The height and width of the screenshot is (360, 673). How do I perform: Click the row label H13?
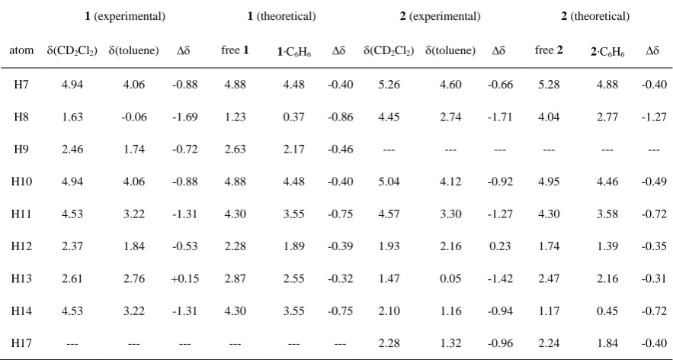(21, 278)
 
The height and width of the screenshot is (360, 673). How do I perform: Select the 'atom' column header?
(21, 50)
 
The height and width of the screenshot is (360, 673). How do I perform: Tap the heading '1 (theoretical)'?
(281, 16)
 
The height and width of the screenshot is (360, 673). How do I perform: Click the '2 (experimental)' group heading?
(440, 16)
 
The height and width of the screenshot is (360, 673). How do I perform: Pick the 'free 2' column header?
(548, 50)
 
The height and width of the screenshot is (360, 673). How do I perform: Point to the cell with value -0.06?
(134, 117)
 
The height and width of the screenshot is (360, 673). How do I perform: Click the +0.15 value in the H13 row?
(185, 278)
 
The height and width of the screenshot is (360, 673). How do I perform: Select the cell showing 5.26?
(389, 84)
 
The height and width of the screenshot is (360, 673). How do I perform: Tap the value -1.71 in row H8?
(499, 117)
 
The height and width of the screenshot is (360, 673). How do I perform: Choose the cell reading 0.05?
(450, 278)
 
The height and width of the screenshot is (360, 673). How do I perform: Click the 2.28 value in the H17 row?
(389, 343)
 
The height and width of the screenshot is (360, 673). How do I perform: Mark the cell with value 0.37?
(293, 117)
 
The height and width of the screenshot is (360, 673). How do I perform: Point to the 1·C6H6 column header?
(293, 52)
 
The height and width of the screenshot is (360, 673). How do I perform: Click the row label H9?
(21, 149)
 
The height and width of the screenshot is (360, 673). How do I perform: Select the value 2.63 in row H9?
(236, 149)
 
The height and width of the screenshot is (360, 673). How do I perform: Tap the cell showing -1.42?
(499, 278)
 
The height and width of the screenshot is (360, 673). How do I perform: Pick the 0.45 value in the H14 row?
(607, 310)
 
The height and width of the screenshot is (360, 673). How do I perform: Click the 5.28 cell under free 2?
(549, 84)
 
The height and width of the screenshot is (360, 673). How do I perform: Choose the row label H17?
(21, 343)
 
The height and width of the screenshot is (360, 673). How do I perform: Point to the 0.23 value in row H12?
(499, 246)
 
